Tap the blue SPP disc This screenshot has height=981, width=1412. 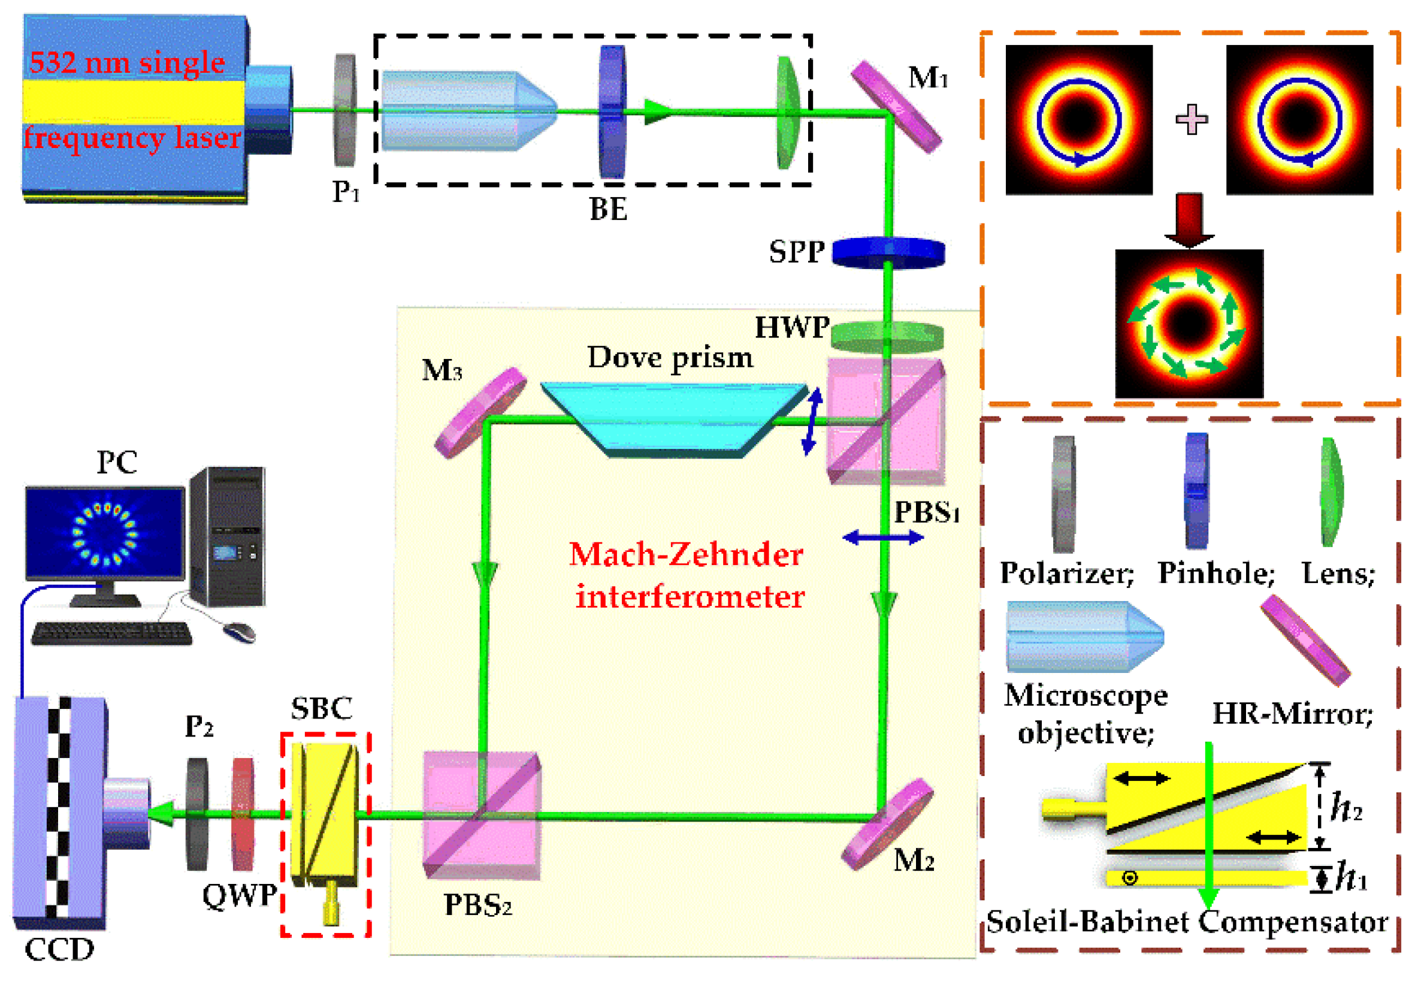pyautogui.click(x=888, y=253)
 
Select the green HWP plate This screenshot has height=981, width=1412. pyautogui.click(x=887, y=336)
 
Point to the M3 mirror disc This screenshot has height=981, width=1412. pyautogui.click(x=480, y=412)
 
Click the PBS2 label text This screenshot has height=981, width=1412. pyautogui.click(x=477, y=905)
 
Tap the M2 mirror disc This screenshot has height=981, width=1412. pyautogui.click(x=887, y=823)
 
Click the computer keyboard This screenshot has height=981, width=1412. pyautogui.click(x=111, y=633)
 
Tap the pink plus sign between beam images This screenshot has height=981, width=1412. pyautogui.click(x=1191, y=119)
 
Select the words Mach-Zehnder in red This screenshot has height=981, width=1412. pyautogui.click(x=686, y=554)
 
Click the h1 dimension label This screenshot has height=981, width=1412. pyautogui.click(x=1351, y=877)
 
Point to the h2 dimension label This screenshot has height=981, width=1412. pyautogui.click(x=1346, y=807)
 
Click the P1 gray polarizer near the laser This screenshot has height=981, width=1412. pyautogui.click(x=344, y=110)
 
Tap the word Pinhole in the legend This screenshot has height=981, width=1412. pyautogui.click(x=1216, y=573)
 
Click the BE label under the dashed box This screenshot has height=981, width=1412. pyautogui.click(x=607, y=209)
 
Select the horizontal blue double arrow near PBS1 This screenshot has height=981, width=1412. pyautogui.click(x=882, y=538)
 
